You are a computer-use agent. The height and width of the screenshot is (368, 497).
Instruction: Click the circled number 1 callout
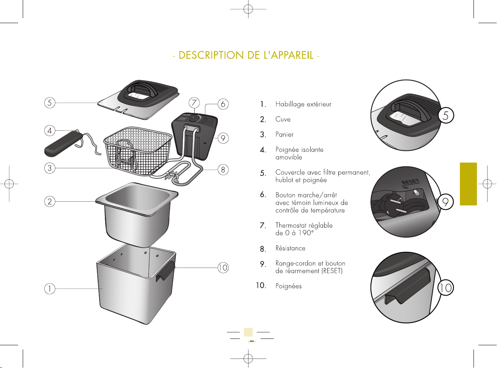pyautogui.click(x=50, y=288)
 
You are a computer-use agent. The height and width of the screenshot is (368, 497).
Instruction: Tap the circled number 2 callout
pyautogui.click(x=50, y=201)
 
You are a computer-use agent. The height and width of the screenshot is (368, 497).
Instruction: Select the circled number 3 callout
pyautogui.click(x=50, y=168)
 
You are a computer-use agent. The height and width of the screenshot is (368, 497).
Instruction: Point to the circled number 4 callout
pyautogui.click(x=50, y=130)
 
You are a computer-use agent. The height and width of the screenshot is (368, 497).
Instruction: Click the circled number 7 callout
pyautogui.click(x=194, y=103)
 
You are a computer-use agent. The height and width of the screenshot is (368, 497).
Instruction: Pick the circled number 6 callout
pyautogui.click(x=223, y=104)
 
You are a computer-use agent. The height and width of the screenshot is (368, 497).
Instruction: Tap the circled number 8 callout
pyautogui.click(x=223, y=169)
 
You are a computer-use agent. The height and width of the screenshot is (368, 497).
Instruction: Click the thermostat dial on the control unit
pyautogui.click(x=193, y=118)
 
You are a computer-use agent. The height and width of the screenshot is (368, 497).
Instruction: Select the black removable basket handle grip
pyautogui.click(x=63, y=144)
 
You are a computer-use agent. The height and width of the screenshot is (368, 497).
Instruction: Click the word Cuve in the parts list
pyautogui.click(x=283, y=119)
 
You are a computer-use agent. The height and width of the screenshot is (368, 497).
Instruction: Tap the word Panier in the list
pyautogui.click(x=284, y=134)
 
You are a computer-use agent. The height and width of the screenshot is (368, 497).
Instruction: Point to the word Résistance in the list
pyautogui.click(x=291, y=248)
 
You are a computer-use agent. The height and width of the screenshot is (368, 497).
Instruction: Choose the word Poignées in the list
pyautogui.click(x=288, y=286)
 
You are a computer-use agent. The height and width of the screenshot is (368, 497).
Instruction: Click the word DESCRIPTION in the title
pyautogui.click(x=211, y=55)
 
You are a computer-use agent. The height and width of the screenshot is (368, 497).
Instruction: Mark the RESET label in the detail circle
pyautogui.click(x=410, y=182)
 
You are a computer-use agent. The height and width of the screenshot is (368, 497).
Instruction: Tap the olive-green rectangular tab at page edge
pyautogui.click(x=468, y=184)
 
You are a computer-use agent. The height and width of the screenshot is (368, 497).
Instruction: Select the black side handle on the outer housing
pyautogui.click(x=166, y=271)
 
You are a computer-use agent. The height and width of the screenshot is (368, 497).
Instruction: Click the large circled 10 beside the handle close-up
pyautogui.click(x=446, y=288)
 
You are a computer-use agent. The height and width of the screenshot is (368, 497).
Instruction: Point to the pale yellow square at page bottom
pyautogui.click(x=248, y=332)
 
